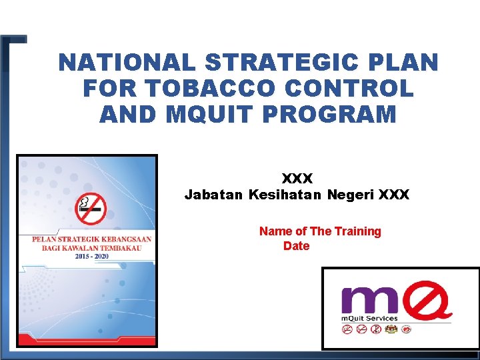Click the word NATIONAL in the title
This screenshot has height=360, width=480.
pos(127,63)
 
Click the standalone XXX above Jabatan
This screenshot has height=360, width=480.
pos(297,179)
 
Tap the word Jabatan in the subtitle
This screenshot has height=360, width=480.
pos(213,195)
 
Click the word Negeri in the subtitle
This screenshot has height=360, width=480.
pos(350,195)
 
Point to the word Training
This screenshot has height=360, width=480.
pos(358,231)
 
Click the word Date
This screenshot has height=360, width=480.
pos(296,246)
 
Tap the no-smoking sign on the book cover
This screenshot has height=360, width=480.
pos(90,209)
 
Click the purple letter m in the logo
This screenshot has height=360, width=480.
pos(363,301)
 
